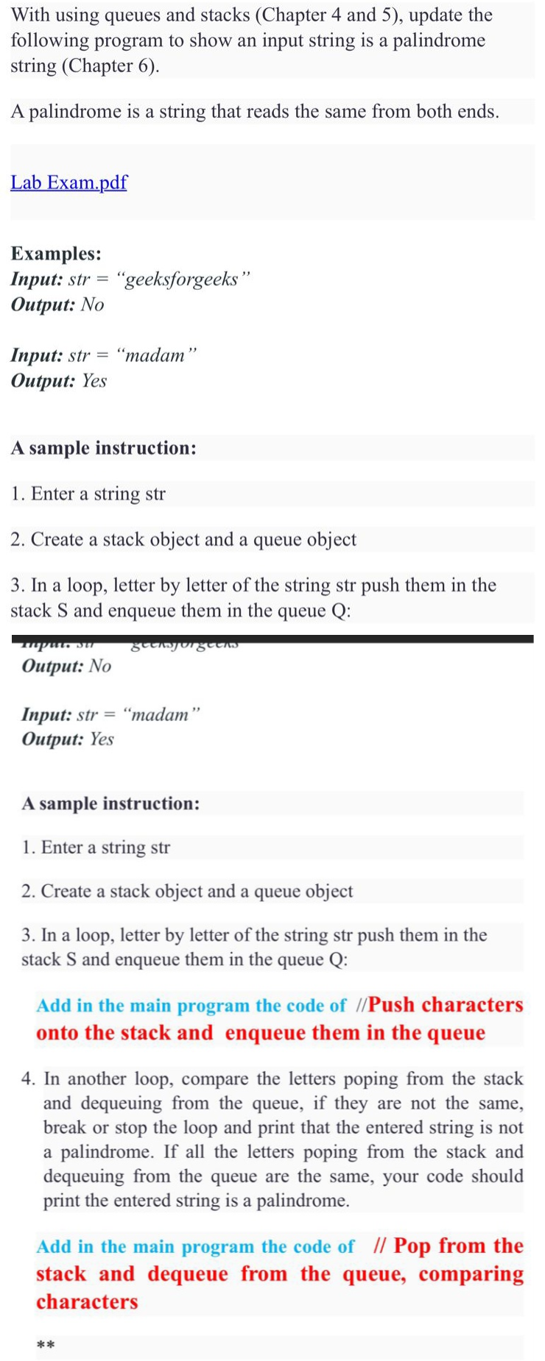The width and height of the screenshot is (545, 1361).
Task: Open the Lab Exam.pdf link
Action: coord(68,182)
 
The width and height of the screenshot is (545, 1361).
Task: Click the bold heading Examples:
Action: coord(56,254)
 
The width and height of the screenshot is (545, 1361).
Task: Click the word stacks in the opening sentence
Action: coord(222,15)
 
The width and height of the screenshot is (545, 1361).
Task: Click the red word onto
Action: coord(57,1033)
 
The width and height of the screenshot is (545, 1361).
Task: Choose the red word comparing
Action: coord(471,1274)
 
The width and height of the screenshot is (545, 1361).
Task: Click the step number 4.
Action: coord(29,1079)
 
